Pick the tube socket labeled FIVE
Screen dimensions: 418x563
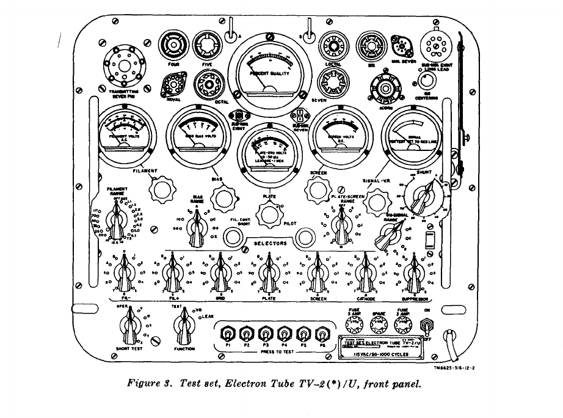(206, 45)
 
